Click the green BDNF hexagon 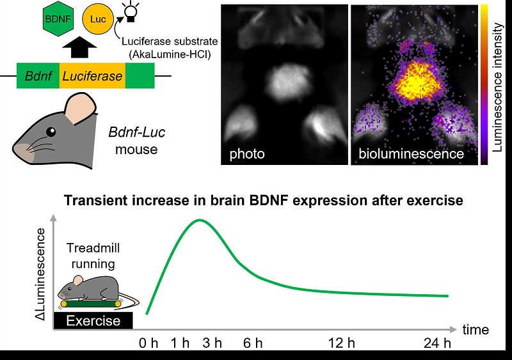[x=58, y=19]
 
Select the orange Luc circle [x=98, y=19]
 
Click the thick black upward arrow [x=79, y=47]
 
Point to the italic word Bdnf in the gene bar [x=38, y=76]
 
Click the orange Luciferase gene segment [x=92, y=76]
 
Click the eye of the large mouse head [x=51, y=132]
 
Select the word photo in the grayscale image [x=247, y=153]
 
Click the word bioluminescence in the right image [x=411, y=153]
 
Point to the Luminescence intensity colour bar [x=484, y=84]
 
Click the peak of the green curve [x=200, y=220]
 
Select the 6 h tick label [x=253, y=343]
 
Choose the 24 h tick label [x=437, y=343]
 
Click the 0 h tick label [x=148, y=343]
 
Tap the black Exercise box [x=93, y=320]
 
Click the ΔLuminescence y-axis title [x=40, y=274]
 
